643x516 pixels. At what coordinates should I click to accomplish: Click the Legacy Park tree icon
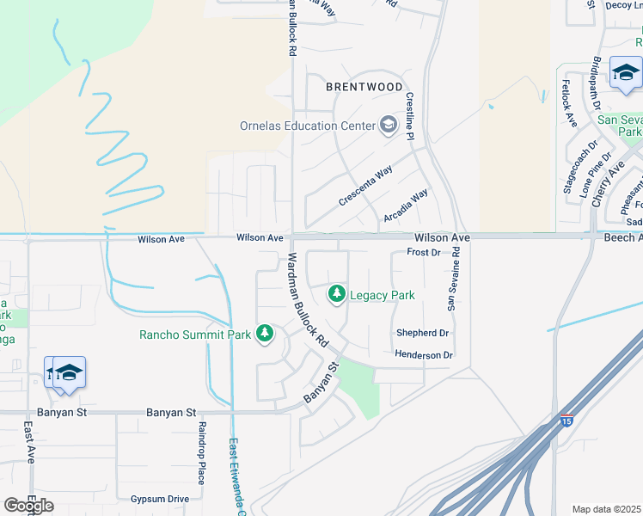click(337, 295)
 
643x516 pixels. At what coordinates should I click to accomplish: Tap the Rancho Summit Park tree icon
click(265, 334)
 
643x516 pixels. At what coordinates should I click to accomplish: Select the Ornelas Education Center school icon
click(389, 126)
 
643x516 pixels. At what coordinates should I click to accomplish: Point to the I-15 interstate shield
click(566, 421)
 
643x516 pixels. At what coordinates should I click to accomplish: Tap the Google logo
click(28, 506)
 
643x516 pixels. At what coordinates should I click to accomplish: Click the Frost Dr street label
click(423, 253)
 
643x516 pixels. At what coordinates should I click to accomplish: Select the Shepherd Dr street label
click(422, 333)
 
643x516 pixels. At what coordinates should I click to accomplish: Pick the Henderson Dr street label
click(423, 354)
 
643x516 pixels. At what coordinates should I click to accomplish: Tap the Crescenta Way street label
click(365, 185)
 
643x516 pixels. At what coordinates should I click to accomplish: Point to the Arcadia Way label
click(406, 206)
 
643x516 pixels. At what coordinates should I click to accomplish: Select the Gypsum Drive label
click(159, 499)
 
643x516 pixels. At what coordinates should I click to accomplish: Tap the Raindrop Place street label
click(201, 453)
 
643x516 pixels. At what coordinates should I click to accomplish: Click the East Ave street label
click(29, 442)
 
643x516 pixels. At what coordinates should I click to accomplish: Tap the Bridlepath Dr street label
click(597, 83)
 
